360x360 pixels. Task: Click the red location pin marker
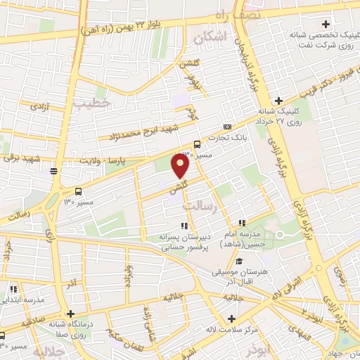pos(181,166)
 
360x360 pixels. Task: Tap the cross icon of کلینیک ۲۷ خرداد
pos(278,101)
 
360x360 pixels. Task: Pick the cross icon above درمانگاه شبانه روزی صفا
pos(70,314)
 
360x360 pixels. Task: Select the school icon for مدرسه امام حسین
pos(242,223)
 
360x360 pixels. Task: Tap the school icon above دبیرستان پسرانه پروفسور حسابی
pos(185,226)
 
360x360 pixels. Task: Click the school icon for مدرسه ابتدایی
pos(13,288)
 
